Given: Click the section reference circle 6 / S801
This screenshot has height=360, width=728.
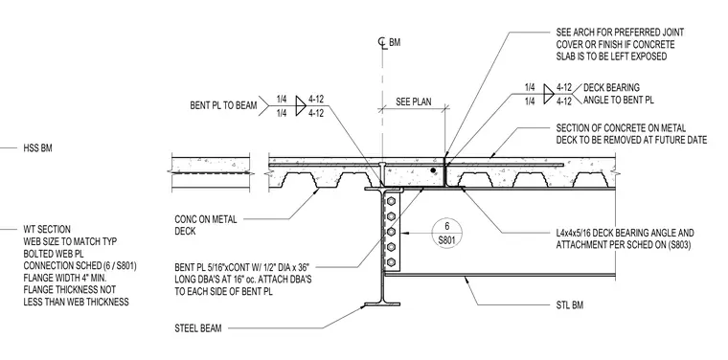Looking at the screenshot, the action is [x=447, y=232].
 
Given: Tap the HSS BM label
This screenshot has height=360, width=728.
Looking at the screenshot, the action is [x=37, y=148].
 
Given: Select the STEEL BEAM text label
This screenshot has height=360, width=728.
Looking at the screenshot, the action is [x=198, y=328].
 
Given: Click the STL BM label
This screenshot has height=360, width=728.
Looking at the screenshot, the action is [x=570, y=305].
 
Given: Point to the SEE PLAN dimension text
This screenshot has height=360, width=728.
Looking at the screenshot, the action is [x=413, y=101].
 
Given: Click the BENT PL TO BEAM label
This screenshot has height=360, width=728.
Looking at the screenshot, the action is [x=223, y=105].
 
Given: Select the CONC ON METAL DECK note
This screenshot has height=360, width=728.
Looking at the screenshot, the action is [x=206, y=225].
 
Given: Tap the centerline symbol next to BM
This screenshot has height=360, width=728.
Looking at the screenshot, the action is [x=382, y=43].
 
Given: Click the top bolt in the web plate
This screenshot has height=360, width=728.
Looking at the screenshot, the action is [x=391, y=201].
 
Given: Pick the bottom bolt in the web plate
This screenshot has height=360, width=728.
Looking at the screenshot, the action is [x=391, y=262].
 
